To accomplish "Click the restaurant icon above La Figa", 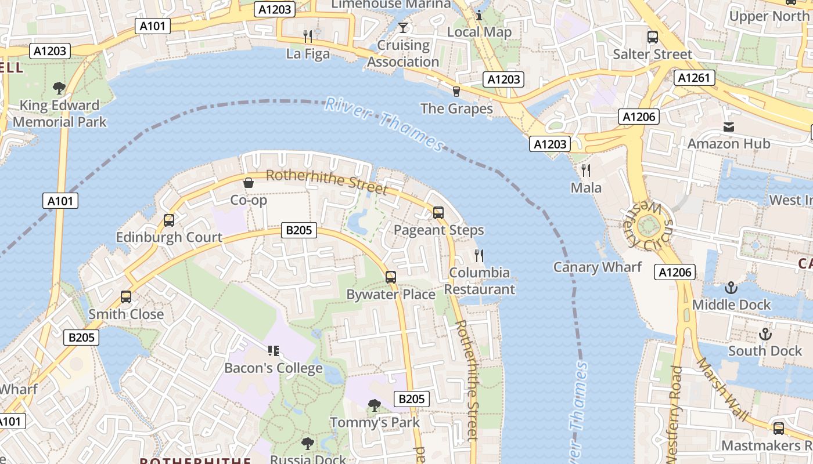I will pyautogui.click(x=308, y=37).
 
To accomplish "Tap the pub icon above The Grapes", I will pyautogui.click(x=456, y=91).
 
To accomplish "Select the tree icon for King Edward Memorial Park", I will pyautogui.click(x=59, y=88).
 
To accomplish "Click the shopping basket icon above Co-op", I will pyautogui.click(x=249, y=183).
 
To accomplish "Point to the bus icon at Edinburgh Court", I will pyautogui.click(x=169, y=220).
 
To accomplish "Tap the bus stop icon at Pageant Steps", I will pyautogui.click(x=438, y=213).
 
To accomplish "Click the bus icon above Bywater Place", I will pyautogui.click(x=391, y=277).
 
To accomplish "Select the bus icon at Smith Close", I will pyautogui.click(x=126, y=297).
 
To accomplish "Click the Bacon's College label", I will pyautogui.click(x=273, y=368).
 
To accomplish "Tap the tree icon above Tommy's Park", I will pyautogui.click(x=375, y=405).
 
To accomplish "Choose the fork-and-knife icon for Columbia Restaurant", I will pyautogui.click(x=479, y=255).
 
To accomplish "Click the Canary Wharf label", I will pyautogui.click(x=597, y=267).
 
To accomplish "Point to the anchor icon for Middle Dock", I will pyautogui.click(x=731, y=288).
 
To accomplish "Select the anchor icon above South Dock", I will pyautogui.click(x=765, y=334).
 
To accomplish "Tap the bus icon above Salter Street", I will pyautogui.click(x=653, y=37).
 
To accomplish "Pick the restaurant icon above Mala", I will pyautogui.click(x=586, y=171).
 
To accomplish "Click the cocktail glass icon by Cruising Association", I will pyautogui.click(x=403, y=27).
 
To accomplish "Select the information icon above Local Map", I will pyautogui.click(x=479, y=15).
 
